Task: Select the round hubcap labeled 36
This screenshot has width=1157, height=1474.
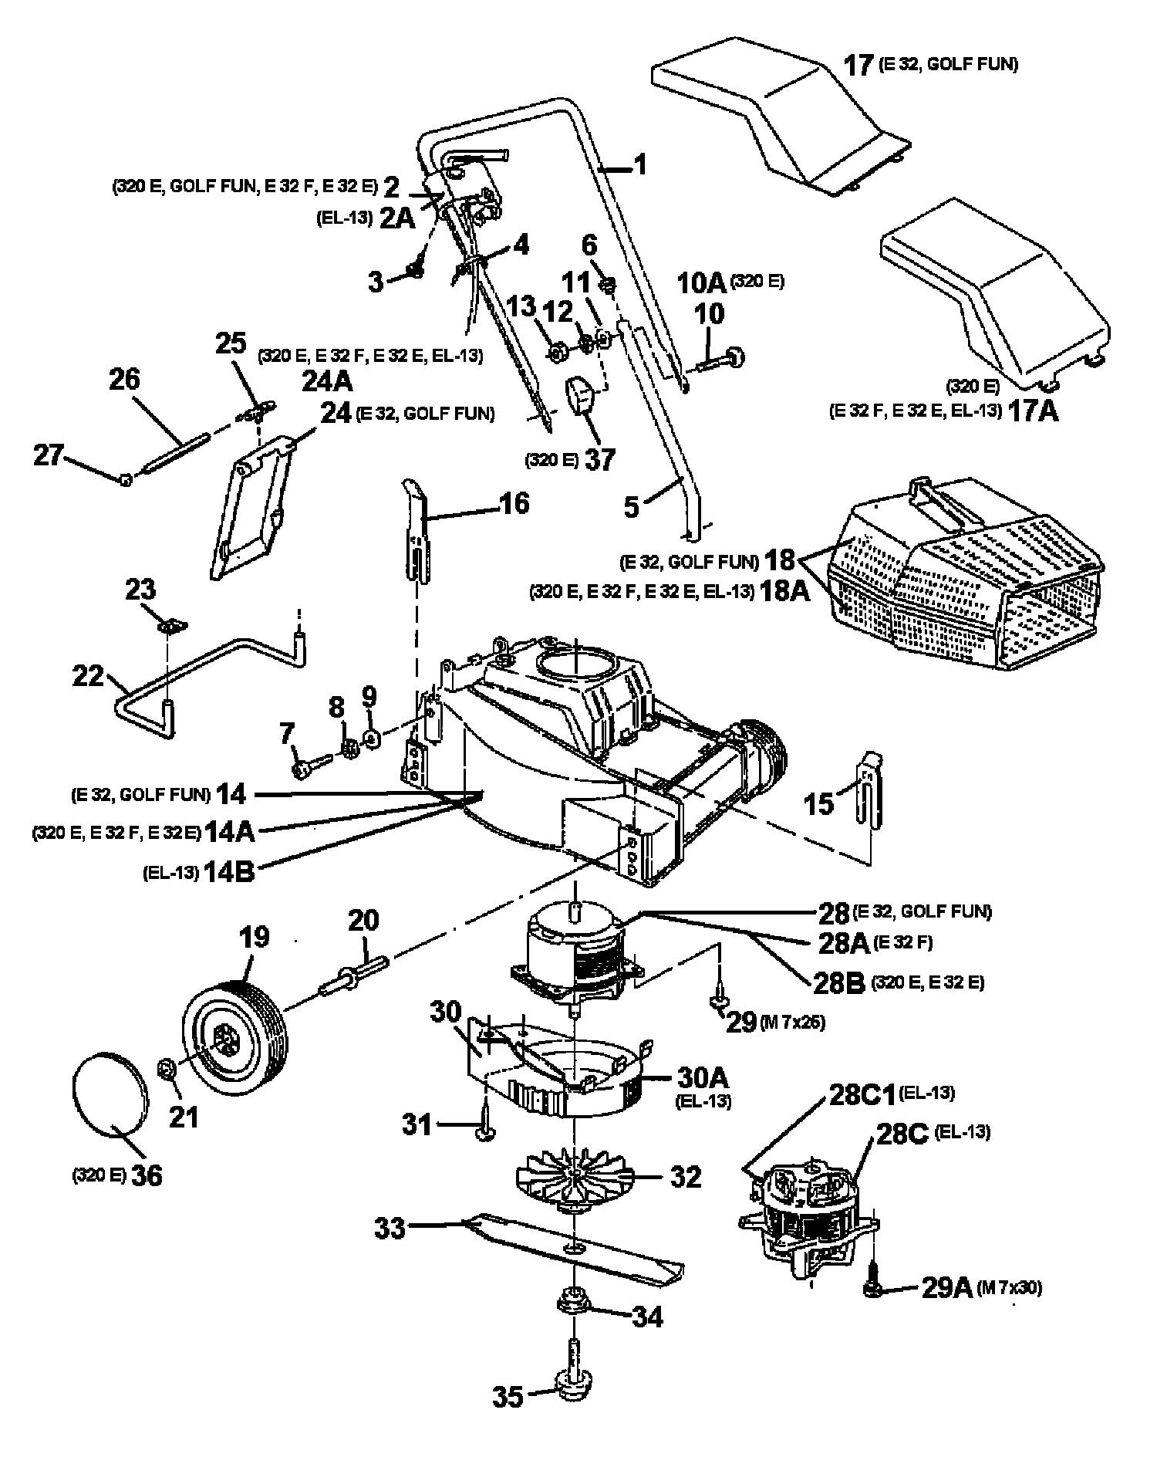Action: click(x=109, y=1094)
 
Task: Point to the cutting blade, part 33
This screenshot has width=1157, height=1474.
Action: click(x=571, y=1246)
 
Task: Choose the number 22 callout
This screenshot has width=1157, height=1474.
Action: click(x=89, y=675)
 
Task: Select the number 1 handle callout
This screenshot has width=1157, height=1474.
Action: click(x=639, y=164)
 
